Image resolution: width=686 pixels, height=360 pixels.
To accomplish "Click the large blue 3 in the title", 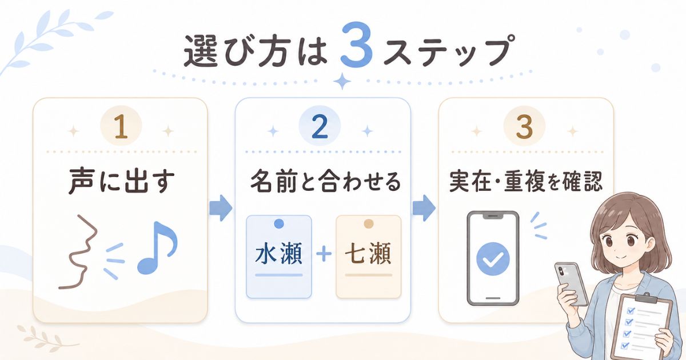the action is click(357, 45).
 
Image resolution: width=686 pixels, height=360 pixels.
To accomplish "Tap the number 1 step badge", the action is click(121, 126).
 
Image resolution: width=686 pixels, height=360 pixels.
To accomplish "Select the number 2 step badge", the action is click(320, 126).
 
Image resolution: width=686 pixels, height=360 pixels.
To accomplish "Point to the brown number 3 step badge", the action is click(524, 126).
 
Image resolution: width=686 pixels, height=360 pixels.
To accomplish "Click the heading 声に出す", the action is click(122, 182).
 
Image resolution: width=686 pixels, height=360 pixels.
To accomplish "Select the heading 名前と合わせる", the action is click(325, 182).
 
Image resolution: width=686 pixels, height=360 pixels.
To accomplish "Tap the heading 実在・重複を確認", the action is click(526, 182).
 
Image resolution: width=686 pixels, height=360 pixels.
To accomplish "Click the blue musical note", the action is click(157, 247).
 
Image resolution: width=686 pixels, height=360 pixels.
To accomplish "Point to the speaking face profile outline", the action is click(80, 251).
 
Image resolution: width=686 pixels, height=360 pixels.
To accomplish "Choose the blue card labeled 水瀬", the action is click(279, 257).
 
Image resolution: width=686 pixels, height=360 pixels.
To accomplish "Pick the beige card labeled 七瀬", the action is click(368, 257).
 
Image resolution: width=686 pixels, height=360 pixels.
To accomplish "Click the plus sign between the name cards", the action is click(324, 255).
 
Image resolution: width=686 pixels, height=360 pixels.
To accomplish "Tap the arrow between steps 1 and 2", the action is click(221, 208).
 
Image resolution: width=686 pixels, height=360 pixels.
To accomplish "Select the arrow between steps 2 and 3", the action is click(424, 208).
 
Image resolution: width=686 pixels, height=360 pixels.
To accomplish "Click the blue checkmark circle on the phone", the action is click(493, 259).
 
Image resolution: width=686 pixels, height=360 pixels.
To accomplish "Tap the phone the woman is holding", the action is click(571, 284).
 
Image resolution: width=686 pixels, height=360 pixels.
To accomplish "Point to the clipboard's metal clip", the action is click(647, 298).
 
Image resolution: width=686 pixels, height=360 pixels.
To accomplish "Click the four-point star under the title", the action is click(342, 81).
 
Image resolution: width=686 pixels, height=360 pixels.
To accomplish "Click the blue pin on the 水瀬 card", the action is click(279, 224).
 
